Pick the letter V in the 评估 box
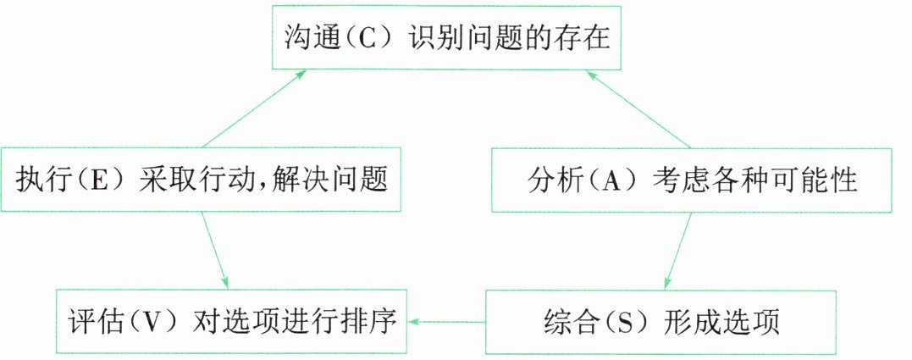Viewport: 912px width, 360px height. tap(150, 322)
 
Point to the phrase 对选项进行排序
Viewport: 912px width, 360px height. tap(296, 322)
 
